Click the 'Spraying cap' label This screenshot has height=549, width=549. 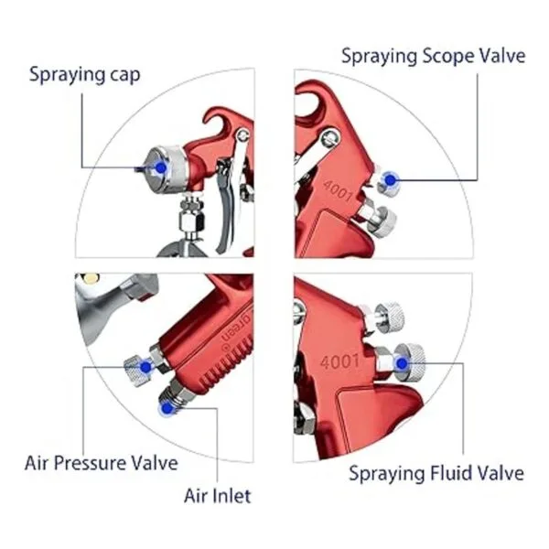click(x=85, y=75)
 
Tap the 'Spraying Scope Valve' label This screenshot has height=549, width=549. click(x=434, y=56)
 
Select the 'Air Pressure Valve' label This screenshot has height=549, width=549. click(x=102, y=463)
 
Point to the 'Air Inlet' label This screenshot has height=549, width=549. click(x=218, y=496)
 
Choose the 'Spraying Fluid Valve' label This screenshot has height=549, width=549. click(x=436, y=473)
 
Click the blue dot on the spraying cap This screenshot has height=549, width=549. click(x=161, y=167)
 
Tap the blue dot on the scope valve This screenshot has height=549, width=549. click(x=390, y=180)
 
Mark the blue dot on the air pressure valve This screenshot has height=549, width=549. click(x=145, y=367)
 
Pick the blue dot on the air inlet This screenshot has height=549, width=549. click(x=167, y=407)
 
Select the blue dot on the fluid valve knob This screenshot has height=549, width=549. click(x=402, y=364)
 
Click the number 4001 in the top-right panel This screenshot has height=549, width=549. click(x=339, y=191)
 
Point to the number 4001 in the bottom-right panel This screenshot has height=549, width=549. click(x=339, y=361)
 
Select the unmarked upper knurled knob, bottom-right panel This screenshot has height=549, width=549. click(x=389, y=317)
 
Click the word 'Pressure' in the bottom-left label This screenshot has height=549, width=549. click(x=90, y=463)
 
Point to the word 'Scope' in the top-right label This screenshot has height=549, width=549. click(x=448, y=57)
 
